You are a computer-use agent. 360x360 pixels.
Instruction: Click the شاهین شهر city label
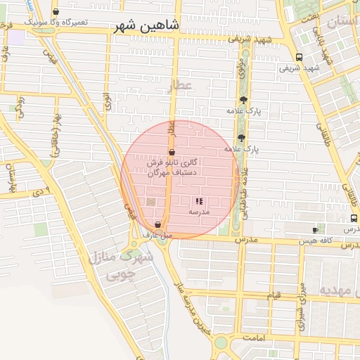click(148, 26)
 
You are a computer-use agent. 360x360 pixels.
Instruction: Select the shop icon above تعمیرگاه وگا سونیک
click(56, 12)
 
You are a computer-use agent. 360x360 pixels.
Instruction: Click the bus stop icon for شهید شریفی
click(300, 57)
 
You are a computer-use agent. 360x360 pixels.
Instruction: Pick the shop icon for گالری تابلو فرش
click(172, 152)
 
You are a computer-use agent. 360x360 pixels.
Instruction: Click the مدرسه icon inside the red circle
click(198, 201)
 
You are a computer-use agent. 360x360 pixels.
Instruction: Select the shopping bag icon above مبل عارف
click(157, 224)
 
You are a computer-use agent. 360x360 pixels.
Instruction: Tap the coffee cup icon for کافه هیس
click(315, 230)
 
